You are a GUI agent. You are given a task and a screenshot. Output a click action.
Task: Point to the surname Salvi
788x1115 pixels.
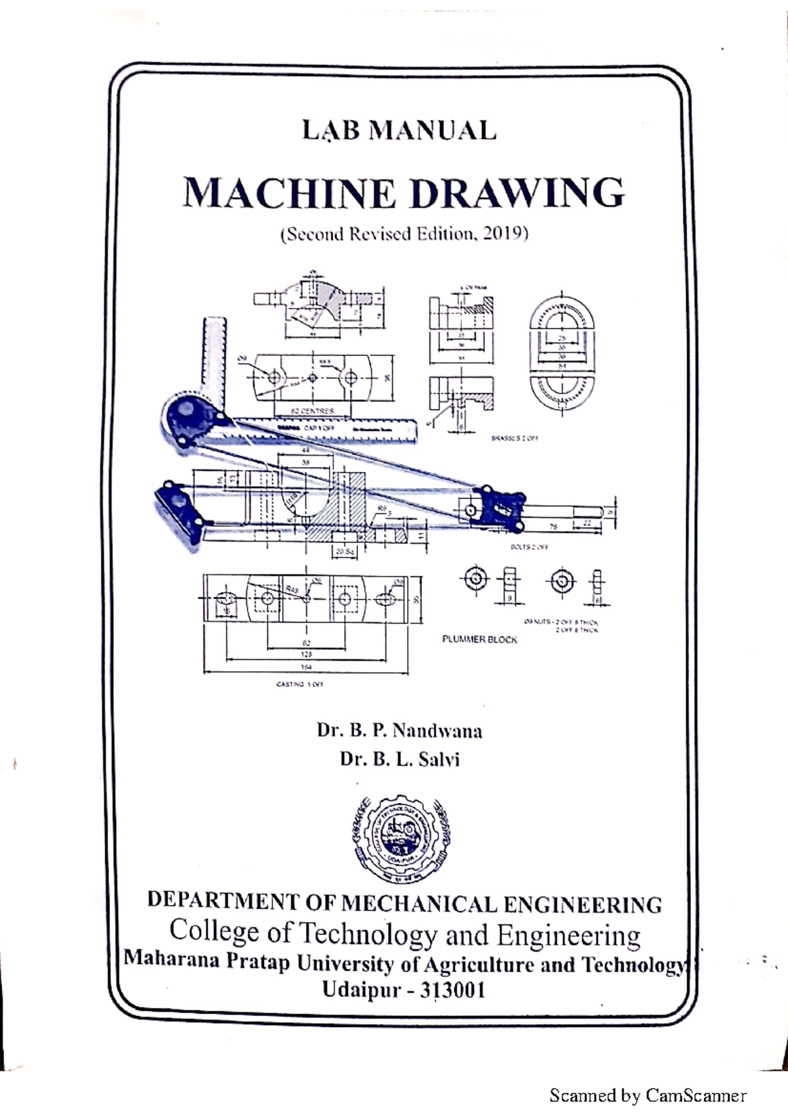tap(439, 760)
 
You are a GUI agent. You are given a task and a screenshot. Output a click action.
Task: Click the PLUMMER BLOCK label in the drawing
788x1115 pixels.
tap(479, 640)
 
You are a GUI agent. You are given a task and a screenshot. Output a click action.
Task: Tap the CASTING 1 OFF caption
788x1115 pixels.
tap(300, 684)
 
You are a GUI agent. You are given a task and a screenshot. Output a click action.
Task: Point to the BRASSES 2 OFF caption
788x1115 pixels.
tap(514, 438)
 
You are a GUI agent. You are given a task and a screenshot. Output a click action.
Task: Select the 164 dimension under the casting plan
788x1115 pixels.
tap(306, 667)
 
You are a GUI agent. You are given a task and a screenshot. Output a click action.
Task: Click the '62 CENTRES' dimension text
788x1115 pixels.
tap(313, 411)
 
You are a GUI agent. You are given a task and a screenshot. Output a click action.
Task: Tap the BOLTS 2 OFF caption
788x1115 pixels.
tap(529, 547)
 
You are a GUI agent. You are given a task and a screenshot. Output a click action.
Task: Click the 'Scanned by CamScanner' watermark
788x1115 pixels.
tap(647, 1096)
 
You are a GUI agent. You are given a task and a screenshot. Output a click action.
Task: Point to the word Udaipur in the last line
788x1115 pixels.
tap(361, 990)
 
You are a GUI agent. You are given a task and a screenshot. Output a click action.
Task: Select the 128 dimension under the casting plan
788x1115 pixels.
tap(306, 655)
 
